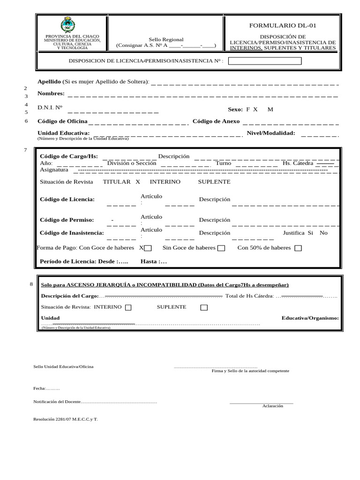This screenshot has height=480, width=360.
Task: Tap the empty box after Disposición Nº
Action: click(264, 61)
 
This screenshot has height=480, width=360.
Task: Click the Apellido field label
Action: click(49, 82)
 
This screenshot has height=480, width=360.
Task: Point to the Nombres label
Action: click(51, 93)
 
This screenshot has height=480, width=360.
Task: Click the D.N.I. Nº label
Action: click(50, 107)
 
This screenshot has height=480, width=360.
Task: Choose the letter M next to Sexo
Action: click(270, 109)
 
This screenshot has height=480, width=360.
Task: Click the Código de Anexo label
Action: click(216, 121)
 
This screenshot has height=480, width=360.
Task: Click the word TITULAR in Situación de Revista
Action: click(116, 181)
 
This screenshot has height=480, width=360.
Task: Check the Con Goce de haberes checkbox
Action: click(148, 248)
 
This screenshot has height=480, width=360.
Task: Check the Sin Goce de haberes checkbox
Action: click(221, 248)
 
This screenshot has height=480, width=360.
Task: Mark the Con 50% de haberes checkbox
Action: click(298, 248)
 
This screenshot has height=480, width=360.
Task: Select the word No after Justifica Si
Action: click(323, 233)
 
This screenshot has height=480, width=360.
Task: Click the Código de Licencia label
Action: click(67, 199)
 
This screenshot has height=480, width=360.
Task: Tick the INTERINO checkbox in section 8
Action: click(128, 307)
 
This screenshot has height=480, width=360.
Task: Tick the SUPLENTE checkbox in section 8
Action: click(204, 307)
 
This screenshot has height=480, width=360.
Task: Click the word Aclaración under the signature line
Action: click(272, 406)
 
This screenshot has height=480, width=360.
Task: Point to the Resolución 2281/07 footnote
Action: click(66, 419)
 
